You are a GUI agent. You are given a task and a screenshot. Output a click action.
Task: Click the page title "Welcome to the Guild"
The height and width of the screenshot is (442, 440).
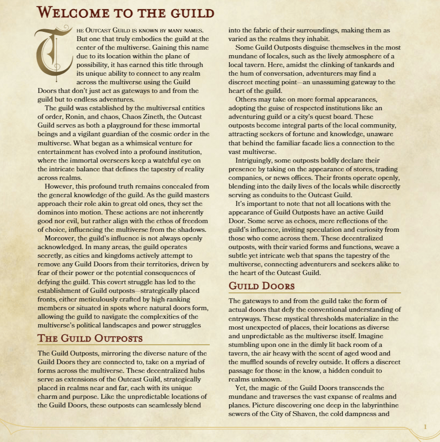pos(125,12)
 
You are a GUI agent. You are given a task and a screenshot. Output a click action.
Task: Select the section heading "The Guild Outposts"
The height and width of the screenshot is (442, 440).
pos(90,338)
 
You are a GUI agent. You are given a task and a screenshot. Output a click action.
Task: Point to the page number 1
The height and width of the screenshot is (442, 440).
pos(425,427)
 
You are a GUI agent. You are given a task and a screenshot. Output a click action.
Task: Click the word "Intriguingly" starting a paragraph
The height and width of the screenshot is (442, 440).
pos(256,160)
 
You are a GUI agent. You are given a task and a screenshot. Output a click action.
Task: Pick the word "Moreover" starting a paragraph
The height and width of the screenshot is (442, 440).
pos(61,238)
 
